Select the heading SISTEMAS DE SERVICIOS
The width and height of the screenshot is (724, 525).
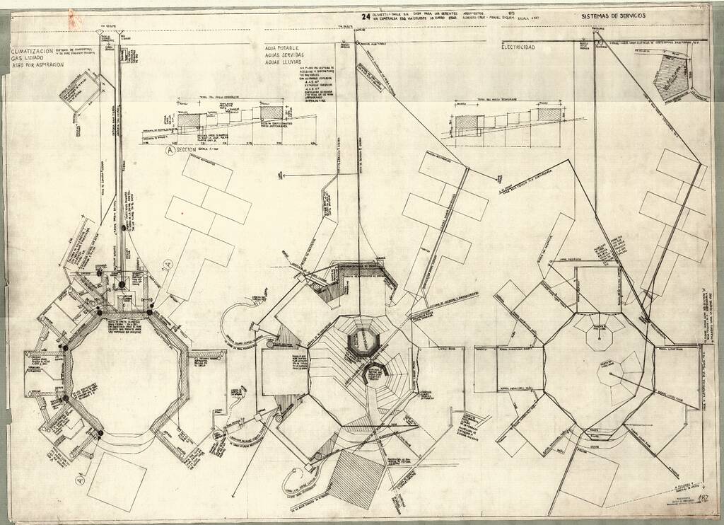click(x=613, y=16)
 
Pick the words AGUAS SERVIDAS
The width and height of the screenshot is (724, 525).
click(x=284, y=55)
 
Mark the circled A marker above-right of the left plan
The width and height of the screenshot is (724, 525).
click(x=168, y=265)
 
